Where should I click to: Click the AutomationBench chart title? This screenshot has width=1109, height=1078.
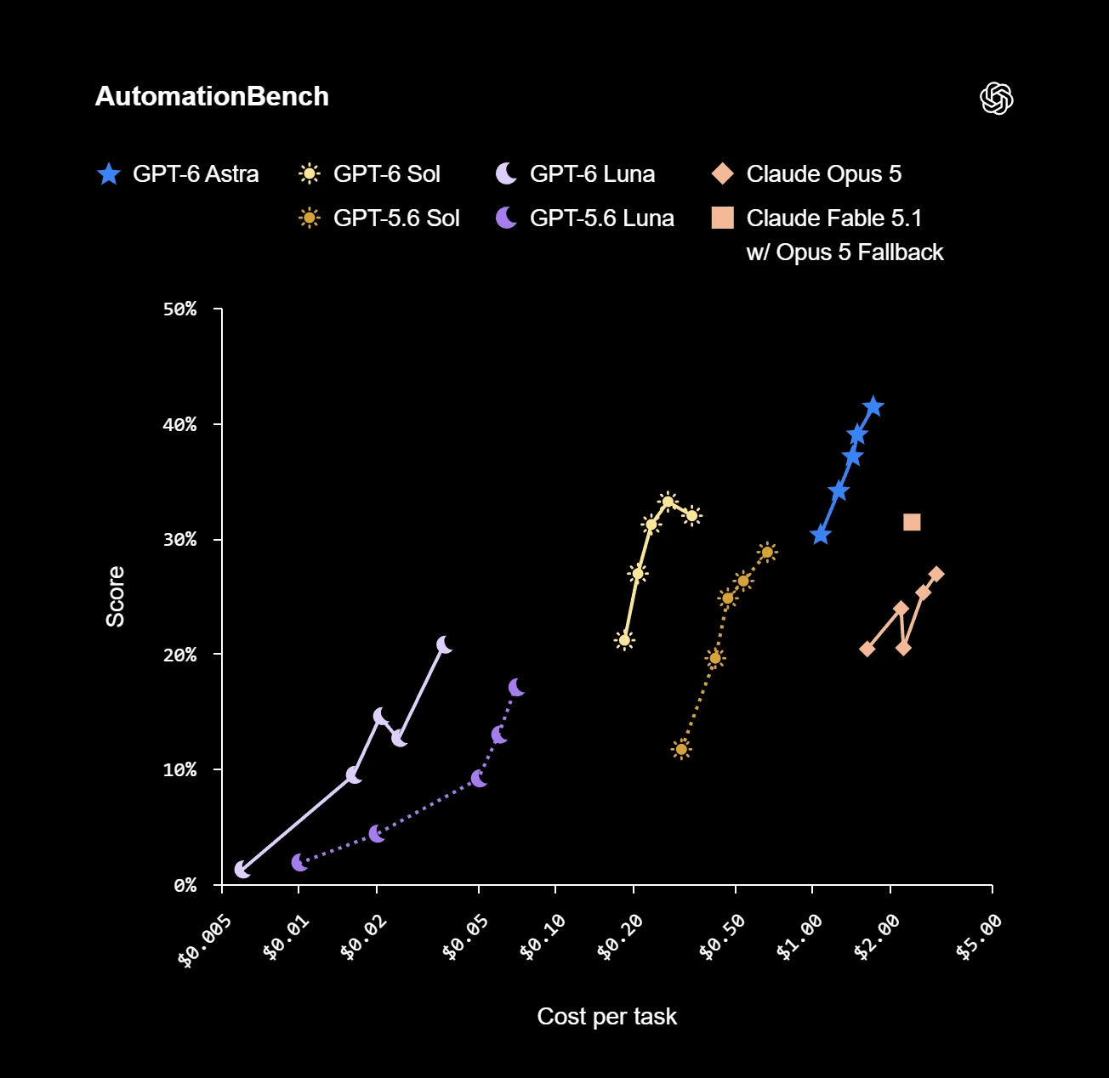coord(212,96)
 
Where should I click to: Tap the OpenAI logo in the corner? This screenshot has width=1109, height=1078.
coord(996,98)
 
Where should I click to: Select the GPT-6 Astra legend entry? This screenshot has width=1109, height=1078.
coord(178,173)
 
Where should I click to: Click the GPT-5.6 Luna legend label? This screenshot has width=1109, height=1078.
coord(602,218)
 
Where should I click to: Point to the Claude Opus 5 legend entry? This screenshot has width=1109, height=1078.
coord(806,173)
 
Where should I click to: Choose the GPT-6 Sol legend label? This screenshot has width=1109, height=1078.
coord(386,173)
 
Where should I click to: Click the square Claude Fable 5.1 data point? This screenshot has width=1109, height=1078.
coord(912,522)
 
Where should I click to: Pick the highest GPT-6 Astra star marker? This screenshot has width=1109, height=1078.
coord(873,407)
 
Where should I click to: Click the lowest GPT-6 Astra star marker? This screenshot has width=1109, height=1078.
coord(820,535)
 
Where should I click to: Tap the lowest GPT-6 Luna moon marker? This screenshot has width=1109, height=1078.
coord(242,870)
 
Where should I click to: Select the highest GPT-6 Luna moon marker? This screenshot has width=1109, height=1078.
coord(444,644)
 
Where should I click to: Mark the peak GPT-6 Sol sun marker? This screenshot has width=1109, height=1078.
coord(668,502)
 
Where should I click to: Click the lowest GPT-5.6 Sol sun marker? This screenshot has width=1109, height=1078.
coord(681,749)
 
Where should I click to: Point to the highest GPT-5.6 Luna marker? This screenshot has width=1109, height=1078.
coord(515,687)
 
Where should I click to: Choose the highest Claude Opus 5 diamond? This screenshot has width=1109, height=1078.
coord(936,574)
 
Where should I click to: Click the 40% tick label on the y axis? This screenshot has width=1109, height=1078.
coord(179,424)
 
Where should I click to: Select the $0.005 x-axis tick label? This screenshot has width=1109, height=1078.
coord(205,940)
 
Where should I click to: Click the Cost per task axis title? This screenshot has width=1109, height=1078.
coord(607,1017)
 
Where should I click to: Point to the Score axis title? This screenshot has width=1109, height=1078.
coord(115,597)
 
